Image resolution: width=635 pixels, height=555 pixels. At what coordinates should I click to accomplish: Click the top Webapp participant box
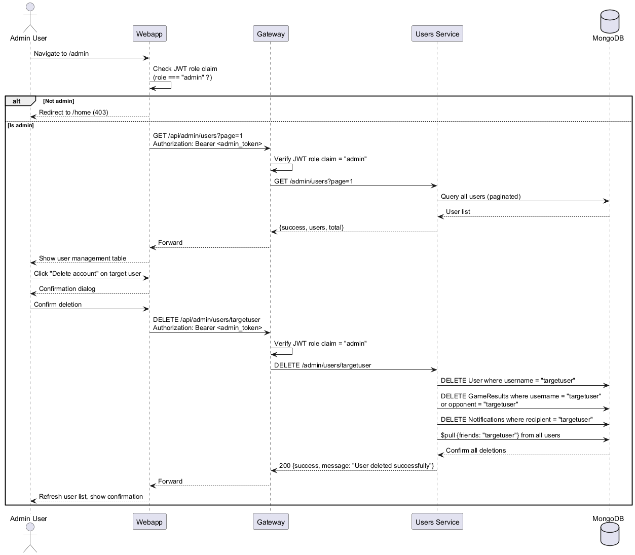(x=150, y=33)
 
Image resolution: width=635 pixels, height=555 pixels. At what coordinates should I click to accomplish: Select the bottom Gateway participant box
(x=271, y=522)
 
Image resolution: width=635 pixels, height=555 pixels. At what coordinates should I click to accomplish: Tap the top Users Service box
(x=437, y=33)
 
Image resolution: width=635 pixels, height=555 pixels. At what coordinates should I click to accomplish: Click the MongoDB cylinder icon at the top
(x=610, y=21)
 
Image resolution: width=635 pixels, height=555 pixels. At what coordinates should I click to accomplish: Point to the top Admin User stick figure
(x=30, y=17)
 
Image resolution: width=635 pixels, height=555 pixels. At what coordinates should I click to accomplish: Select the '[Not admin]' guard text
(x=59, y=101)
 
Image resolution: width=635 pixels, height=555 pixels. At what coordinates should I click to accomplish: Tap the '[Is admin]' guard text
(x=20, y=125)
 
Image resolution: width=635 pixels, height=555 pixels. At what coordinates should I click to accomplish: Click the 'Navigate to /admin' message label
(x=61, y=53)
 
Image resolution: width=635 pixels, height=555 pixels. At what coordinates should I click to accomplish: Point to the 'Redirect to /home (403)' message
(x=73, y=113)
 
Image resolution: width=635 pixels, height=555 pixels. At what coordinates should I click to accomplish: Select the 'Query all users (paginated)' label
(x=480, y=197)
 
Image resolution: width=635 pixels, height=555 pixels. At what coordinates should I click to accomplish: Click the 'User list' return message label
(x=458, y=212)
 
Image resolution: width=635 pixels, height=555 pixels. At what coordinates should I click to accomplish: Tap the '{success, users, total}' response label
(x=311, y=228)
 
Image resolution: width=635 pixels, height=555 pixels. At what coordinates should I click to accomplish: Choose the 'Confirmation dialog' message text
(x=67, y=289)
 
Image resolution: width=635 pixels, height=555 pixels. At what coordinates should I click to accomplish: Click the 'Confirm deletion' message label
(x=58, y=305)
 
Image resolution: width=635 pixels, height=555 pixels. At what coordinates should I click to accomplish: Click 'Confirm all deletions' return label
(x=476, y=451)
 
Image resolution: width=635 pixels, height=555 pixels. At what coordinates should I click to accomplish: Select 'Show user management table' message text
(x=83, y=258)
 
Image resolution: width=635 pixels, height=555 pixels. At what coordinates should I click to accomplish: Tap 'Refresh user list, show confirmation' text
(x=91, y=497)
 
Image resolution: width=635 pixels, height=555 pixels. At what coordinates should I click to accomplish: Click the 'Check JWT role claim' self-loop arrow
(x=171, y=85)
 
